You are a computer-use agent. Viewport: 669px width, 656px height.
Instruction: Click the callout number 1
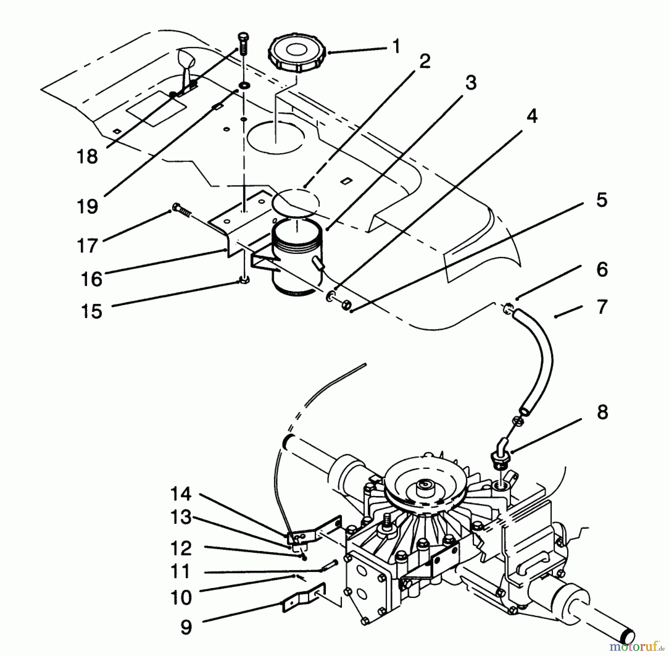(397, 47)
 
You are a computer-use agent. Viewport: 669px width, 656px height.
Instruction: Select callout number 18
(87, 156)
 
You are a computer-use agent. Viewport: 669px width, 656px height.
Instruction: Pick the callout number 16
(91, 279)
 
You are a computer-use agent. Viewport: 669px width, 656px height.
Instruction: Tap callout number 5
(601, 200)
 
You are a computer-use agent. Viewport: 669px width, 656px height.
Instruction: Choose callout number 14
(181, 494)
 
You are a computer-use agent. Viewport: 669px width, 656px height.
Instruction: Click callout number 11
(181, 572)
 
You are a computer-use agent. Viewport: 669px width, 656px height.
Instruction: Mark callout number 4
(532, 117)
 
